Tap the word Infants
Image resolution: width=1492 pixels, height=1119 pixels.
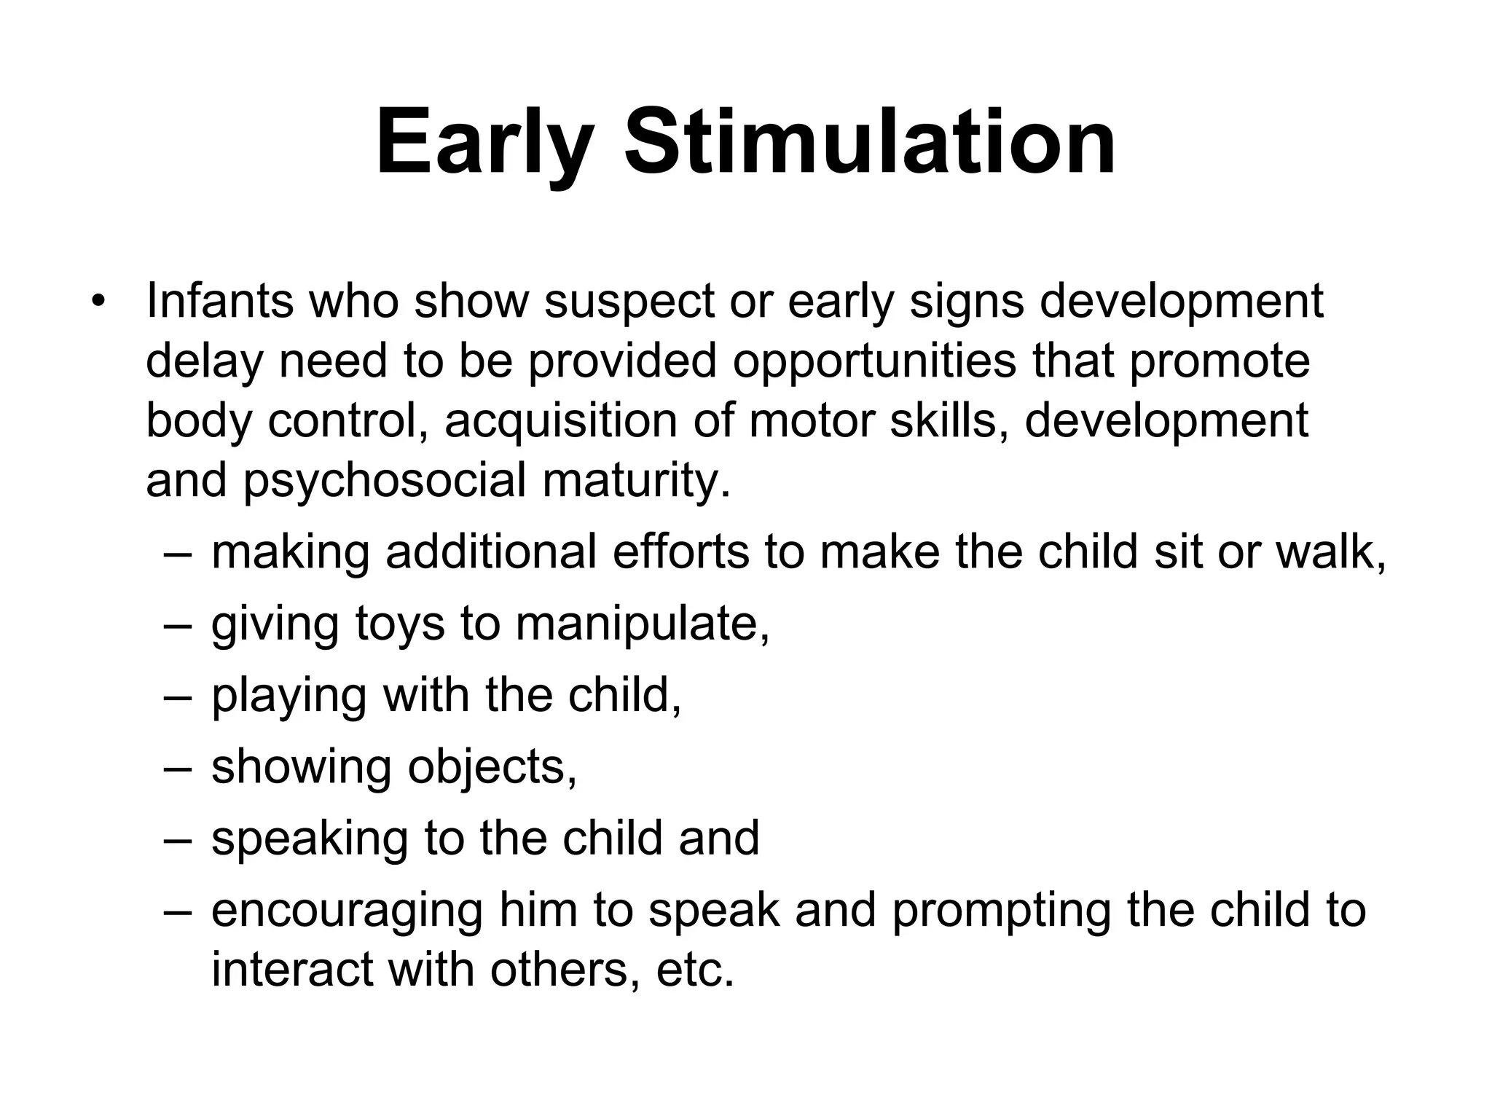pos(219,300)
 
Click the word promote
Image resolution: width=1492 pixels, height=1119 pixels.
pos(1220,361)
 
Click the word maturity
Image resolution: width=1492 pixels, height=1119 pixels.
pos(636,482)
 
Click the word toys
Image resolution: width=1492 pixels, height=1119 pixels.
pos(399,624)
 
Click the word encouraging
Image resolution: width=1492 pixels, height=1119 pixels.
pos(346,911)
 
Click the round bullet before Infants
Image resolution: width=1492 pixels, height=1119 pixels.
pos(100,301)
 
